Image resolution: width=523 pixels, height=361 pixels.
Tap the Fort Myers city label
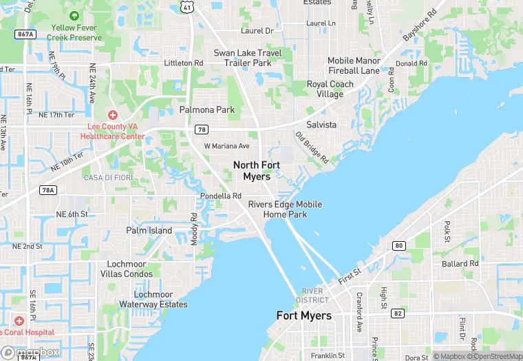coord(303,316)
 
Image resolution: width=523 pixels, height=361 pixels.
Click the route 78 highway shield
coord(202,129)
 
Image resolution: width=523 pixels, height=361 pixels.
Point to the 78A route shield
coord(47,190)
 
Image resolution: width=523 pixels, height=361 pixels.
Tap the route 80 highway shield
coord(399,245)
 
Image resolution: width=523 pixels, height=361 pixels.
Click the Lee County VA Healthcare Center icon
coord(112,114)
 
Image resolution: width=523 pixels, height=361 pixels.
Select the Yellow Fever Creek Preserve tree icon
coord(73,15)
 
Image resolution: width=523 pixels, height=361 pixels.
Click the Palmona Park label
coord(207,110)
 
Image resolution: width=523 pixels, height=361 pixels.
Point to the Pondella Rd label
coord(220,196)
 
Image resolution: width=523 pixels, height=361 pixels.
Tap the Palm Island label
coord(149,230)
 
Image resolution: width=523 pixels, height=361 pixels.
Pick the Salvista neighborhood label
coord(321,125)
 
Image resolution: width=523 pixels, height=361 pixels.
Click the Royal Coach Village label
coord(330,89)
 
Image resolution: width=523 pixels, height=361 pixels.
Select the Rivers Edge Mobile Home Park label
coord(278,209)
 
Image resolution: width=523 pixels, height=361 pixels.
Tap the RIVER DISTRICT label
coord(313,295)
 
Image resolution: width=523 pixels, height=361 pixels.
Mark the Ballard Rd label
coord(460,264)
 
